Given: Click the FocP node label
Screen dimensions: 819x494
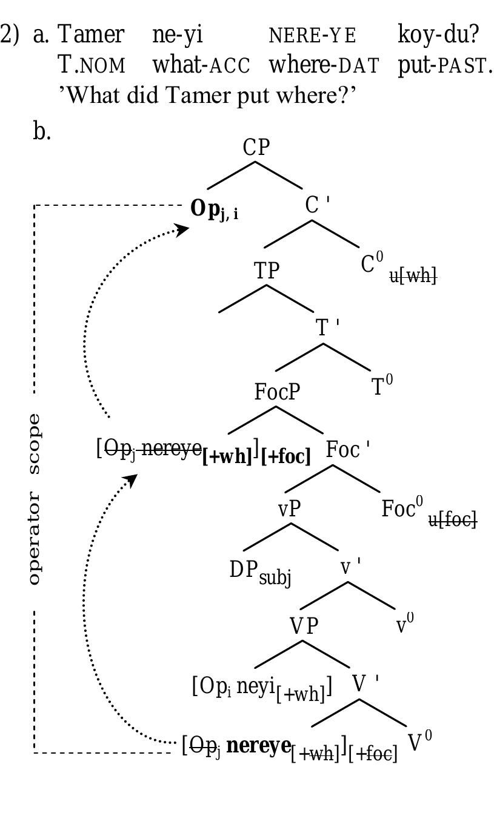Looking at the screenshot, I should point(277,392).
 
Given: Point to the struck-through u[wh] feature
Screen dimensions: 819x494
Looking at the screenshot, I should point(413,276).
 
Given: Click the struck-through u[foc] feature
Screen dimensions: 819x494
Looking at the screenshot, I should point(453,519).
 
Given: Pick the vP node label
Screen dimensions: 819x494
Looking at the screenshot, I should point(289,509).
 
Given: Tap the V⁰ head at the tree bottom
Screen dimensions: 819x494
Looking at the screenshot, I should point(420,742).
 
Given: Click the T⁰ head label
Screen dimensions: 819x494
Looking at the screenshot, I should point(382,386).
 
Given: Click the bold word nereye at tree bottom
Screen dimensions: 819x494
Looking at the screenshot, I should point(258,745).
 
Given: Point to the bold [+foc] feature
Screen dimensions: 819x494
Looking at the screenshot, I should point(286,456).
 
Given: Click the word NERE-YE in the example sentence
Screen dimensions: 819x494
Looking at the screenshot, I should point(312,36).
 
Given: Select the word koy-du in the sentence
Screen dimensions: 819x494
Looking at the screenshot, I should point(438,35).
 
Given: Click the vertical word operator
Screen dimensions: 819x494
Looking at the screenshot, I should point(35,539).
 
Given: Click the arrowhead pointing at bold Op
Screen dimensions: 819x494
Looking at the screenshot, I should point(181,229).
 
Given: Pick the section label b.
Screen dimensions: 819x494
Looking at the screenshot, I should point(42,131).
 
